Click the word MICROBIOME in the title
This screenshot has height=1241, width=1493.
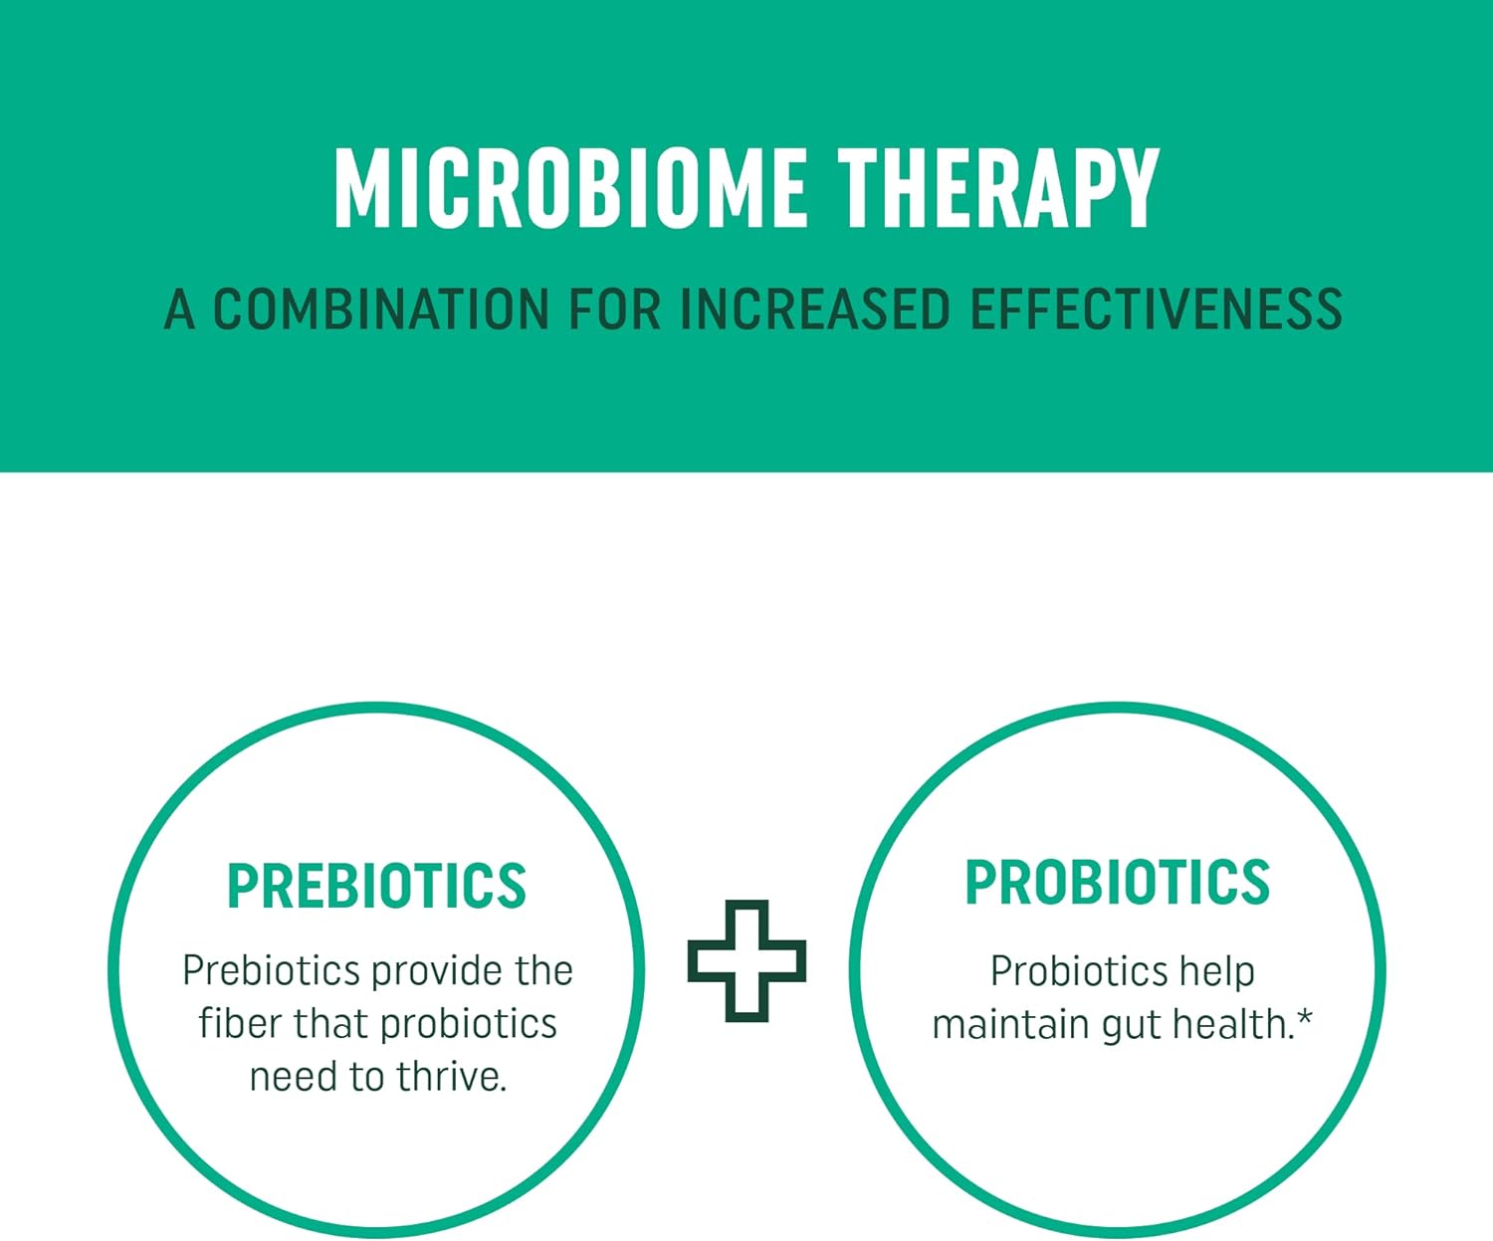(x=570, y=188)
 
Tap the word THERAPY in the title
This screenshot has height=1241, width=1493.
(x=999, y=188)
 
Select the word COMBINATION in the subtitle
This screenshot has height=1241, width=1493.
(x=381, y=310)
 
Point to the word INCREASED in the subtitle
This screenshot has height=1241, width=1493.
(x=815, y=310)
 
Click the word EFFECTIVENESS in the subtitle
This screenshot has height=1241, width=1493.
(x=1157, y=310)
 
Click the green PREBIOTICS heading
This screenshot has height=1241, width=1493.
(x=377, y=886)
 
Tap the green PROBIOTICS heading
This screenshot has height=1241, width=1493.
(x=1118, y=882)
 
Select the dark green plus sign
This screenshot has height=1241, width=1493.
(x=746, y=960)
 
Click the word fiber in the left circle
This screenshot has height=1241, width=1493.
(x=240, y=1023)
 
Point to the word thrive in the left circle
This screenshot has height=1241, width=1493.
(x=451, y=1076)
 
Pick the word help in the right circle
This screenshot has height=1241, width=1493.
(x=1217, y=973)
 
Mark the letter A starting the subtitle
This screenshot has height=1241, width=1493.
(x=179, y=310)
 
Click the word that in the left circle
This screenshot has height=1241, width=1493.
(x=329, y=1023)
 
